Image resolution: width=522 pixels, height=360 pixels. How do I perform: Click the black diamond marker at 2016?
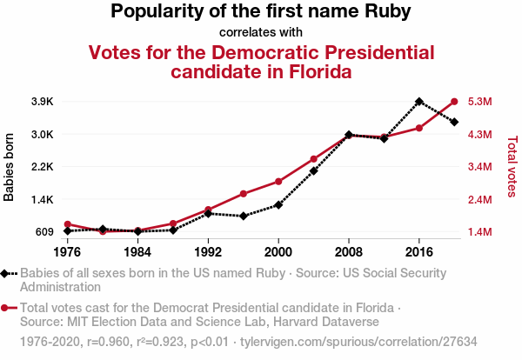coord(419,102)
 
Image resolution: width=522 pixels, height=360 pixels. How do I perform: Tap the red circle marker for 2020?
coord(455,102)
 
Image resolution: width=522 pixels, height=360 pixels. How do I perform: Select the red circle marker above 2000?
coord(278,181)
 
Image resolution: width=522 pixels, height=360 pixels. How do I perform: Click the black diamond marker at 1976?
coord(67,231)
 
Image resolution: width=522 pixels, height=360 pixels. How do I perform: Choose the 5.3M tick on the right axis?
coord(481,102)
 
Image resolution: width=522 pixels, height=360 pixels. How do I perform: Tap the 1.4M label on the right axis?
coord(481,232)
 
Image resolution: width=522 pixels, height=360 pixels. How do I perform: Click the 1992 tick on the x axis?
coord(208,252)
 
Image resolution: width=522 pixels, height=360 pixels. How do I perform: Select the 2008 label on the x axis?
coord(349,252)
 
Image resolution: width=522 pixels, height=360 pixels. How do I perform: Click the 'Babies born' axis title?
coord(10,167)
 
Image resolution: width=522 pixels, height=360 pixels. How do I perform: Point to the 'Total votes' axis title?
coord(512,167)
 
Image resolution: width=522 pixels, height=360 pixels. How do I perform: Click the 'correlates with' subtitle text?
coord(261,33)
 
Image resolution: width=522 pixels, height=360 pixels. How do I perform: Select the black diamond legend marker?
coord(5,274)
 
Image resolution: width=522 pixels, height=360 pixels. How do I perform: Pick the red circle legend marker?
coord(5,308)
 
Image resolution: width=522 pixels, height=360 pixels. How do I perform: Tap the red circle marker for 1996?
coord(244,193)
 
